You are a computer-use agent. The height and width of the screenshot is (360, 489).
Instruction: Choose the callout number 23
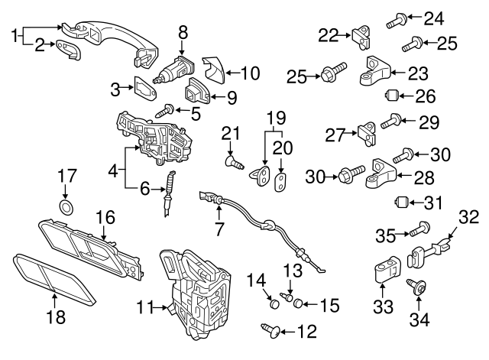(419, 74)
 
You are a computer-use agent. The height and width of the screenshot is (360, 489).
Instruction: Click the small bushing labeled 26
(394, 97)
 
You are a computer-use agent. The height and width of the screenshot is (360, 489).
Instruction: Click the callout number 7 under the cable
(219, 227)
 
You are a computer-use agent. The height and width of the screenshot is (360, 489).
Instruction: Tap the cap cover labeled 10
(214, 70)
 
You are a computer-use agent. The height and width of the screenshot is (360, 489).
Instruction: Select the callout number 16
(104, 218)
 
